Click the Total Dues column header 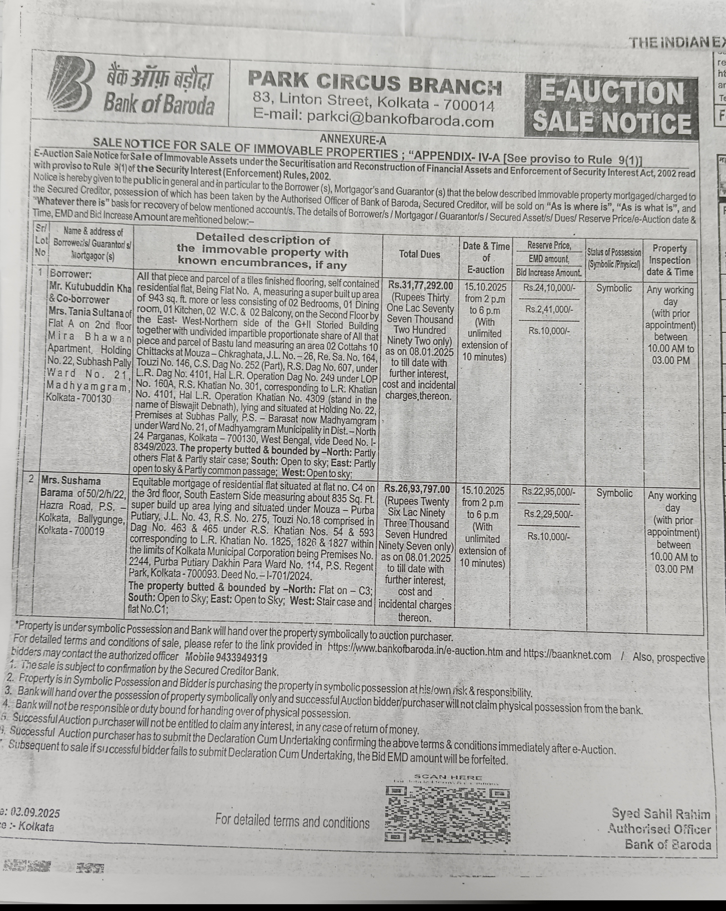pyautogui.click(x=420, y=254)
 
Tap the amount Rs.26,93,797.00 pyautogui.click(x=417, y=489)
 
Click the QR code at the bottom pyautogui.click(x=447, y=813)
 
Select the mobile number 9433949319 pyautogui.click(x=241, y=658)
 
